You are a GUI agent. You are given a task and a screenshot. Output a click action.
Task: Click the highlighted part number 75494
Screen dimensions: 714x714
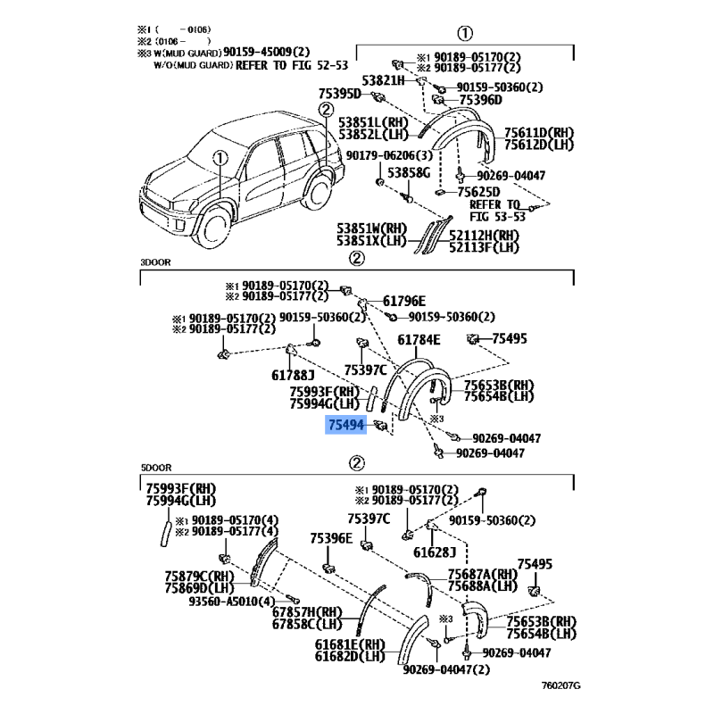tap(346, 427)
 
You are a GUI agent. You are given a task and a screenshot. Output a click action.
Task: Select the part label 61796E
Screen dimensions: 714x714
tap(405, 301)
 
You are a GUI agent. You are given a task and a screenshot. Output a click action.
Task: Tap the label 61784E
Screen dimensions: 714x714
tap(419, 340)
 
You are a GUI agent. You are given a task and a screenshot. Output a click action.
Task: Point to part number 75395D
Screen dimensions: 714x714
tap(339, 95)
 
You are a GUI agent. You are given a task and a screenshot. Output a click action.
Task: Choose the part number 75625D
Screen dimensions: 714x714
tap(478, 192)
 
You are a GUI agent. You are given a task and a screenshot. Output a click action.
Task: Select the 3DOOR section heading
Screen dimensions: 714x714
tap(155, 262)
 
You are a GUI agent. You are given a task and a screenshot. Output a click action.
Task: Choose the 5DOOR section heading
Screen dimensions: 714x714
tap(155, 467)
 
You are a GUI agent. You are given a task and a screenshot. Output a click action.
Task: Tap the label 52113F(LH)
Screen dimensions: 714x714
tap(483, 247)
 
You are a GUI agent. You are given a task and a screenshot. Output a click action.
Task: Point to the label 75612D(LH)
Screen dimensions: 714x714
tap(539, 145)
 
